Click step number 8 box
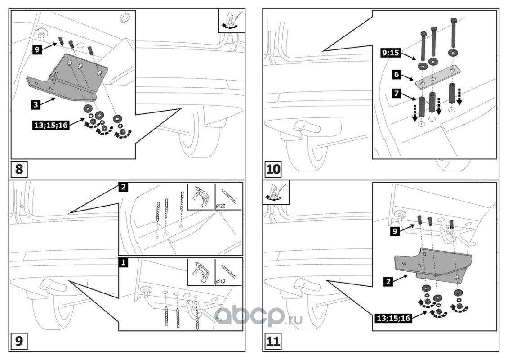coord(19,170)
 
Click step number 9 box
coord(19,341)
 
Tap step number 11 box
coord(273,341)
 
